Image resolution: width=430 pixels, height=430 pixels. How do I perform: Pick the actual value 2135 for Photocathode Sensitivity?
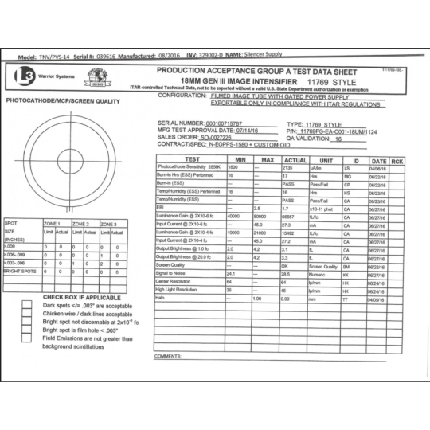289,168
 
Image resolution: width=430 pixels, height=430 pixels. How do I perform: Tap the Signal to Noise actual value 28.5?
290,274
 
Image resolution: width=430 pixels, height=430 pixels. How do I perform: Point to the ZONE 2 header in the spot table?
80,224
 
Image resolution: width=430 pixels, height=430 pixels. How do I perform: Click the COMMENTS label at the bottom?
168,356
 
